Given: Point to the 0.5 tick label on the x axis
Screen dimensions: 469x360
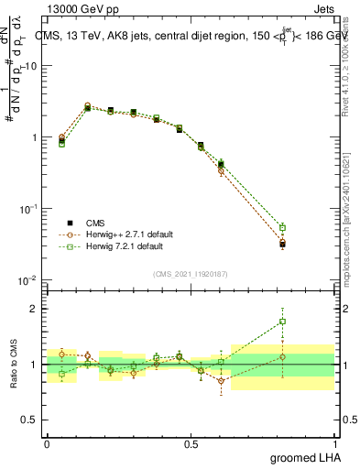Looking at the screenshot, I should click(191, 444).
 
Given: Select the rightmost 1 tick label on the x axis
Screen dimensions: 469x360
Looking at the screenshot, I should click(335, 444).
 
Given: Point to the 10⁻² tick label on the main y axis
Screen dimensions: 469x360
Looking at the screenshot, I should click(27, 280).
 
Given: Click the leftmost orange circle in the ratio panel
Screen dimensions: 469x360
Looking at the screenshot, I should click(61, 354).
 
